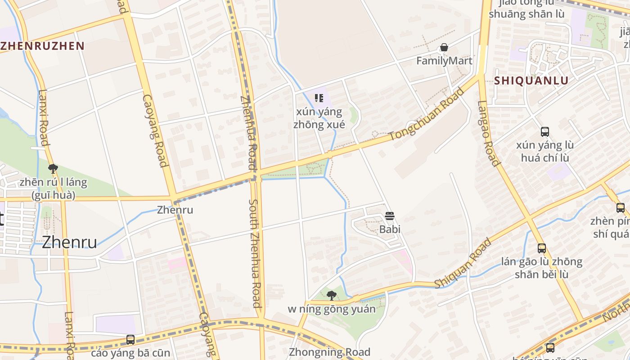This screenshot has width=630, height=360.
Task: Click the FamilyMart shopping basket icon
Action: pos(444,47)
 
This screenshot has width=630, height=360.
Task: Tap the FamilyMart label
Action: pos(444,61)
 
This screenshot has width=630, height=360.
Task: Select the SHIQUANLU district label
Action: pos(531,81)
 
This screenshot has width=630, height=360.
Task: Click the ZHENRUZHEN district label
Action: pos(43,45)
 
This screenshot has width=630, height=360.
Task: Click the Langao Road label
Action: pos(488,133)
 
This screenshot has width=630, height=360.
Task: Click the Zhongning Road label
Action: pos(329,352)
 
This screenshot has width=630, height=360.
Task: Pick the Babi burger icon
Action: pos(390,216)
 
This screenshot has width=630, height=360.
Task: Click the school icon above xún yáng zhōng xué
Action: pos(319,98)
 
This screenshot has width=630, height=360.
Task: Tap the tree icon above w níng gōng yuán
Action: pos(332,296)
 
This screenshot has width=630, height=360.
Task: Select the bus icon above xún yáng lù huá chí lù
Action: pos(544,132)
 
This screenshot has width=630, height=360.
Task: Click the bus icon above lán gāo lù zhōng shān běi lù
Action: pos(542,248)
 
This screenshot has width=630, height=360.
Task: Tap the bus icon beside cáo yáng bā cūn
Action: pos(130,340)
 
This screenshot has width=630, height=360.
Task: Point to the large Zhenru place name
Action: pos(69,242)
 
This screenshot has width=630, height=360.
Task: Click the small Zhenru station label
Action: pos(175,210)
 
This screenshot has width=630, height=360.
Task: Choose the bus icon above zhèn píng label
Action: pos(621,208)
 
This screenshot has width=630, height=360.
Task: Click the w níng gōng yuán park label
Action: pos(332,309)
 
